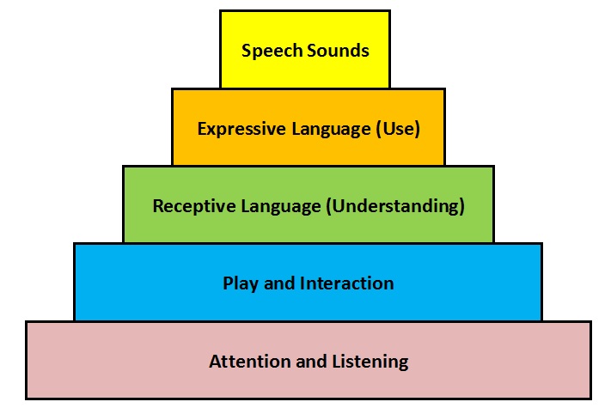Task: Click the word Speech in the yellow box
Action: [x=272, y=51]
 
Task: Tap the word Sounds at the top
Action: [x=338, y=50]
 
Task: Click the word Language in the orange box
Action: [x=331, y=130]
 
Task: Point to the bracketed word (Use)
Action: [x=398, y=129]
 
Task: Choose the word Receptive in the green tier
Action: [x=193, y=206]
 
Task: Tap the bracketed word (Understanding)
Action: [x=395, y=205]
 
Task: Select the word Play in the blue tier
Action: [x=241, y=283]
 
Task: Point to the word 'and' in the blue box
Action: [x=279, y=283]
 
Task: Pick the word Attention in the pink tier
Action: [x=250, y=361]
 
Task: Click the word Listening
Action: [x=370, y=362]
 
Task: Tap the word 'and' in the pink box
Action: [x=311, y=362]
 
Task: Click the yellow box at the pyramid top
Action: [x=305, y=50]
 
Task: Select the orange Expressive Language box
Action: [x=309, y=127]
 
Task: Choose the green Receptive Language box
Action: [x=309, y=205]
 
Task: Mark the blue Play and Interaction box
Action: [x=309, y=283]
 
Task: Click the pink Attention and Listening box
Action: [x=309, y=360]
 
